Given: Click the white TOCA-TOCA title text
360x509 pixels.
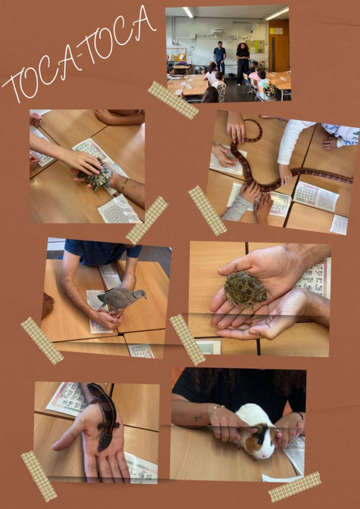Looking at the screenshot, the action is (79, 54).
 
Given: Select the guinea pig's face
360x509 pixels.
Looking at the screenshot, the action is (266, 443).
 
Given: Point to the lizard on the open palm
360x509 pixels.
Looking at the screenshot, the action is (105, 416).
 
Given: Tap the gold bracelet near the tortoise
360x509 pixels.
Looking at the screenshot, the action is (124, 184).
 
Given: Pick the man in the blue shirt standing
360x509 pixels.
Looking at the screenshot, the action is (220, 59).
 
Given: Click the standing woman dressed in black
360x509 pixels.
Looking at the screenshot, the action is (242, 63).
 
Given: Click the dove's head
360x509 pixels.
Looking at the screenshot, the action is (140, 294).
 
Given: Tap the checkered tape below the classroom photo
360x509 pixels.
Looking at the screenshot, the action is (173, 100).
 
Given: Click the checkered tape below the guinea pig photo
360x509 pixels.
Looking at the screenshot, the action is (295, 487).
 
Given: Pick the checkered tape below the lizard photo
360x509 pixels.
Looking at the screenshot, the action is (39, 476).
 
